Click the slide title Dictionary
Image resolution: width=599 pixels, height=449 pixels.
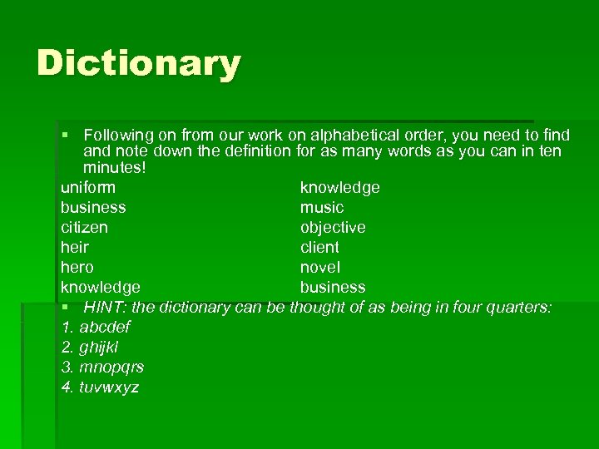[x=138, y=64]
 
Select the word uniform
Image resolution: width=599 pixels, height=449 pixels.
[x=88, y=187]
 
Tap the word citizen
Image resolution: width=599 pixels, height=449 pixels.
[x=84, y=227]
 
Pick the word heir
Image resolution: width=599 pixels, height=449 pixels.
[x=74, y=247]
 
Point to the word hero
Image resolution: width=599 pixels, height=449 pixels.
[x=77, y=267]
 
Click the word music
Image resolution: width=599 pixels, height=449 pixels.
[x=321, y=207]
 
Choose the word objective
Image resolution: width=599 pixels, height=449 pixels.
[x=333, y=227]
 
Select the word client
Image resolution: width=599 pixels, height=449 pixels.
[x=319, y=247]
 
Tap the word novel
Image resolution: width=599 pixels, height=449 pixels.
[x=319, y=267]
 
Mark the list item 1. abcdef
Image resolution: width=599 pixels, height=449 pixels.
[x=96, y=327]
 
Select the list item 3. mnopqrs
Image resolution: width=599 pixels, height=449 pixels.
[x=102, y=367]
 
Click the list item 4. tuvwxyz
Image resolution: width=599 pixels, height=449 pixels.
[x=100, y=387]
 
